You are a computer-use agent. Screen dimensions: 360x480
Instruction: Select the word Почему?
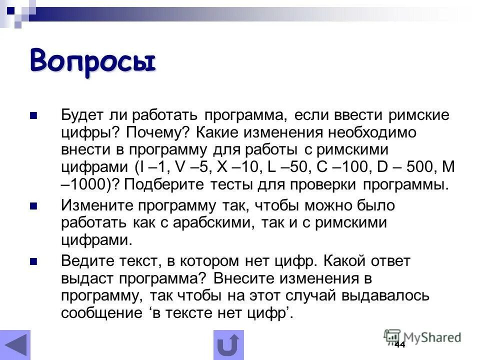point(156,133)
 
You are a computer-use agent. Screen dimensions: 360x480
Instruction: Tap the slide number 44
point(399,345)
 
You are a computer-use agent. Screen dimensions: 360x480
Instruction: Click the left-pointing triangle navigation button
point(15,345)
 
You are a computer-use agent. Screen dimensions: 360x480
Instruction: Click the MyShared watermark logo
point(422,337)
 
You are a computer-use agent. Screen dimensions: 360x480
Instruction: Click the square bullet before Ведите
point(33,261)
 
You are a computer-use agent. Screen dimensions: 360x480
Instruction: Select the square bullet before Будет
point(33,116)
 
